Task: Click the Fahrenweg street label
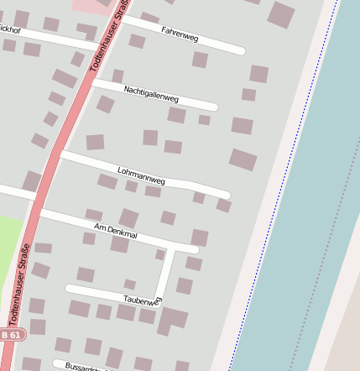[180, 35]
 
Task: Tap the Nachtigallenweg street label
[151, 93]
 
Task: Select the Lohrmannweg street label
[141, 175]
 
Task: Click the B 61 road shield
[11, 334]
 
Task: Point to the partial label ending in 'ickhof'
[10, 29]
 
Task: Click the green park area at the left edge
[10, 243]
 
